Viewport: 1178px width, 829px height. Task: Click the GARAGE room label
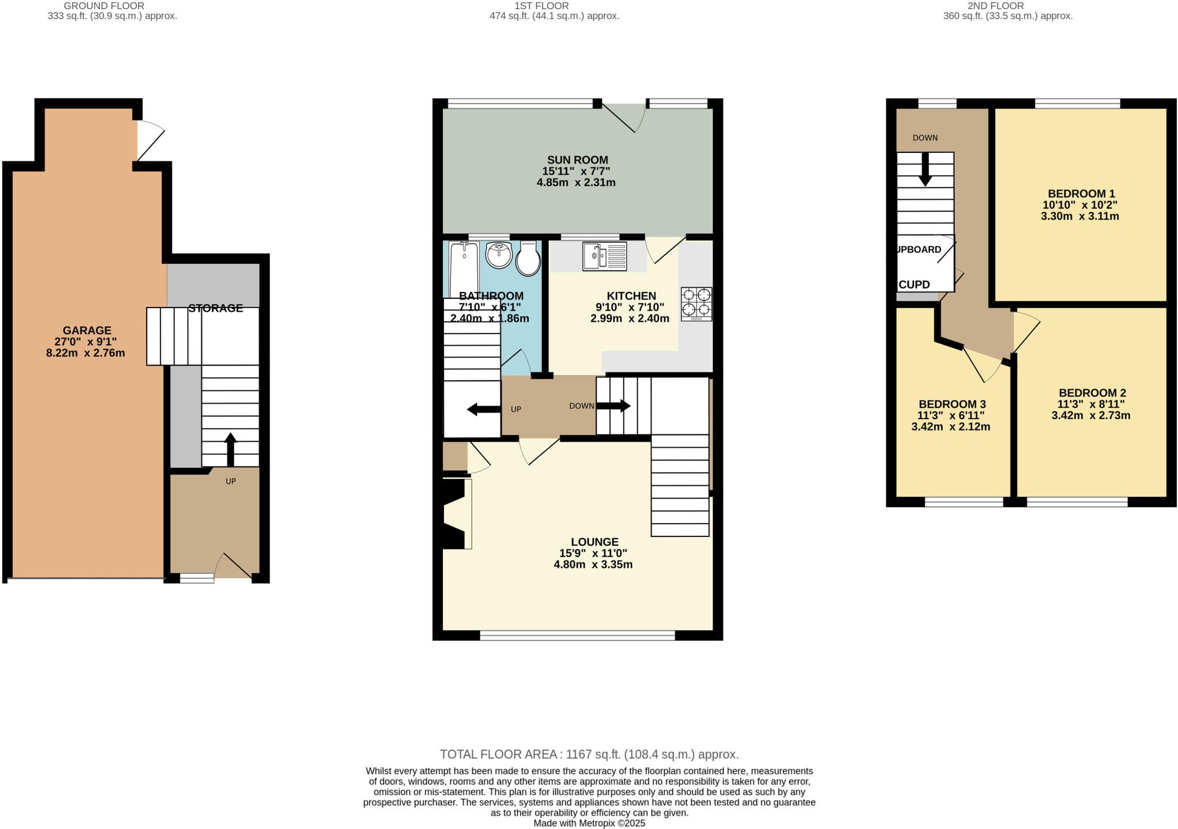point(87,331)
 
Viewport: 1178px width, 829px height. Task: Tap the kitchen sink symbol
point(604,256)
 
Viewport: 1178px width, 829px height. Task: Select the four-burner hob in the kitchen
point(696,304)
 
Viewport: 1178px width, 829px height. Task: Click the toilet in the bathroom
point(527,259)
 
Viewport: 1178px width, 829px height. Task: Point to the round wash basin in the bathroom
point(499,255)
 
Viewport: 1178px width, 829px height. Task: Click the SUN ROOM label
point(577,160)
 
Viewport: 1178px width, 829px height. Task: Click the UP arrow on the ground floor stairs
point(230,449)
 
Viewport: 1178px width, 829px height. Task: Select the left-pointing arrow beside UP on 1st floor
point(483,409)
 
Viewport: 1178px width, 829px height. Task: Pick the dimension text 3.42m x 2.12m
point(950,427)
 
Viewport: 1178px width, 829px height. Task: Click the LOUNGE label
point(594,542)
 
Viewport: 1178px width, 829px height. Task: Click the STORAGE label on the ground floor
point(216,308)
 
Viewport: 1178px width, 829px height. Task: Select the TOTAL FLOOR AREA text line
point(589,754)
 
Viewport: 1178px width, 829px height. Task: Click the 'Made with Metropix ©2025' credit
point(589,823)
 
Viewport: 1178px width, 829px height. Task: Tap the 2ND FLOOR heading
point(1003,6)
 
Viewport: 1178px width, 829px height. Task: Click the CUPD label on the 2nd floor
point(914,285)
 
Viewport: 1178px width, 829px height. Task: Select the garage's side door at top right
point(150,140)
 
